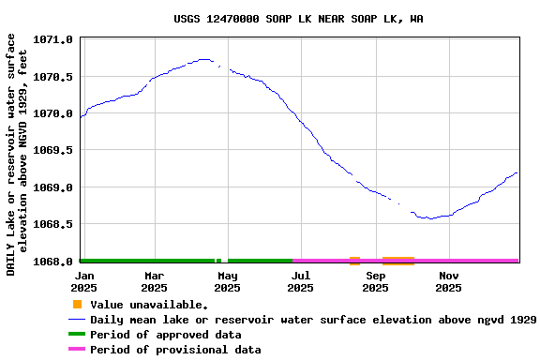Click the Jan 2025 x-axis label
tap(84, 281)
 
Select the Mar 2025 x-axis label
tap(155, 281)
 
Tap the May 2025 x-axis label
tap(228, 281)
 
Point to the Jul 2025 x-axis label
tap(301, 281)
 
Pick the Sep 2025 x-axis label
tap(375, 281)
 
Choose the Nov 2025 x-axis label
tap(448, 281)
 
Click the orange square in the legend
tap(77, 305)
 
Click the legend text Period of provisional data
tap(175, 350)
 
